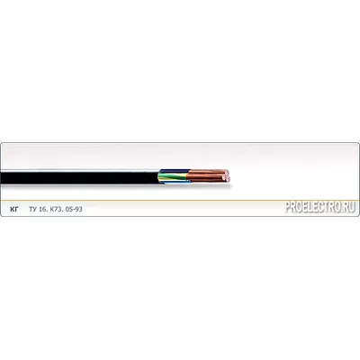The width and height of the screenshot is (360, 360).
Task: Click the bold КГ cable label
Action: click(14, 209)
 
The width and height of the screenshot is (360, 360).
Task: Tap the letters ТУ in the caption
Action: click(32, 209)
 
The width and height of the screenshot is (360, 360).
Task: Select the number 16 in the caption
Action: click(42, 209)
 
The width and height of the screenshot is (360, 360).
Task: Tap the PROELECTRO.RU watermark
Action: click(320, 207)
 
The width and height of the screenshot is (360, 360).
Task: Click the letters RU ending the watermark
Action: click(349, 207)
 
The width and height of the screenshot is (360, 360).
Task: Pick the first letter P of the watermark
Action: click(288, 207)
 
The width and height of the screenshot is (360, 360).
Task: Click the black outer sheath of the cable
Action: click(79, 177)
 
